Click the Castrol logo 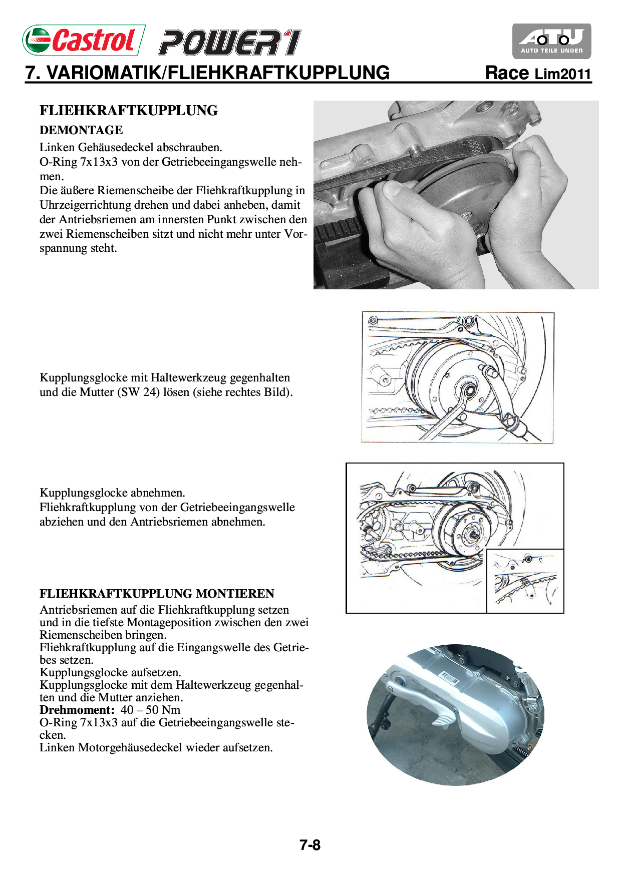(x=83, y=40)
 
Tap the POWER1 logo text (x=230, y=43)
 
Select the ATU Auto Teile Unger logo (x=551, y=41)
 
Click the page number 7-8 (x=310, y=845)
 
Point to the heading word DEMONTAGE (x=81, y=130)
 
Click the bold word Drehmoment (x=77, y=710)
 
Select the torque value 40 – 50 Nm (x=150, y=710)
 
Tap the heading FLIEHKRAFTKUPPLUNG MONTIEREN (x=157, y=594)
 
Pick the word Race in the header (x=507, y=73)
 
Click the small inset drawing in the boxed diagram (x=525, y=581)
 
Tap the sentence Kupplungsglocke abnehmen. (x=112, y=493)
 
